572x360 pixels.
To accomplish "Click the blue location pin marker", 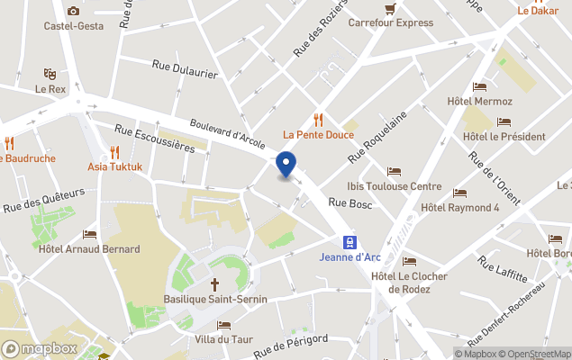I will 286,165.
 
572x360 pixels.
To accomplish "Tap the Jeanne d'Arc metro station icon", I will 349,241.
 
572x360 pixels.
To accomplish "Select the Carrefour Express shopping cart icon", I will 389,8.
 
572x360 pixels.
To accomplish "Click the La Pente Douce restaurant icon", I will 318,120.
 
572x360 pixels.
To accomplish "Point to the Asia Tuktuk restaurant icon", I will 114,151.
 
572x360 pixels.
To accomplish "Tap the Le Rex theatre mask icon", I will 50,74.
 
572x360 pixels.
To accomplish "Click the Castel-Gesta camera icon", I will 73,11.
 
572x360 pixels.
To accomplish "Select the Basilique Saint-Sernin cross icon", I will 214,283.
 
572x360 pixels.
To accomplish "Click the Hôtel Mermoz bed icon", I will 479,86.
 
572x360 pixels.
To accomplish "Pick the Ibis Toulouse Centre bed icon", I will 394,171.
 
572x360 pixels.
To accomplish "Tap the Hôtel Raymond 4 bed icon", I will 459,193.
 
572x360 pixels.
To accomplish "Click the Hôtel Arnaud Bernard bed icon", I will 89,234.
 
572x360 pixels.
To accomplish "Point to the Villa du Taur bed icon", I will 223,325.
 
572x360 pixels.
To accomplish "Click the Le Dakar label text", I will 537,11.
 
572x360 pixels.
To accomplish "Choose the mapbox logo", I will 40,348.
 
